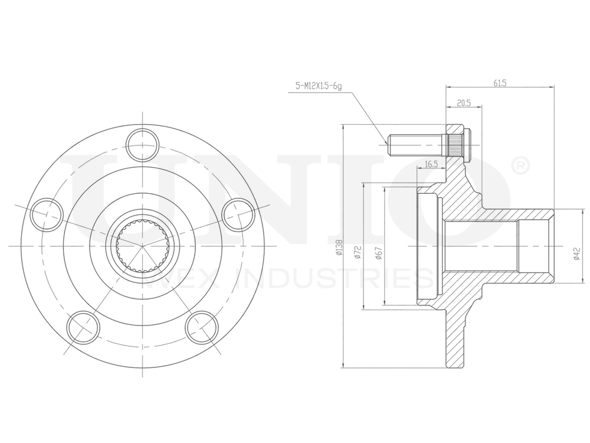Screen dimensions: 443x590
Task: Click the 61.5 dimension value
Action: [x=500, y=83]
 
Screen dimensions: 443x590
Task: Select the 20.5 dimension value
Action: [x=463, y=103]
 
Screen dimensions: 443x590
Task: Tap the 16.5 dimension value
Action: [x=431, y=164]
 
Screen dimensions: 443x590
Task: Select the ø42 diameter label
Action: [x=575, y=253]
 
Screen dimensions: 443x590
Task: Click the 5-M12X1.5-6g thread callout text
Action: [x=319, y=86]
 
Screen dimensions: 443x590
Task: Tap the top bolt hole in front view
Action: [x=143, y=144]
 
